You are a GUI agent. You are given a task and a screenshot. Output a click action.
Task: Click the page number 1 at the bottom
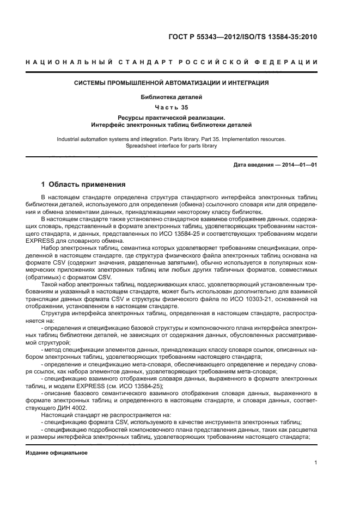315,463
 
